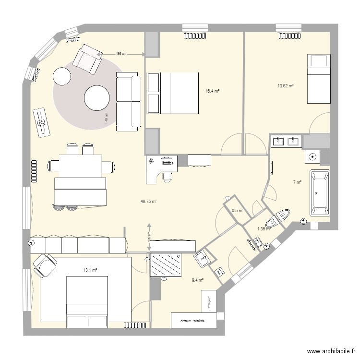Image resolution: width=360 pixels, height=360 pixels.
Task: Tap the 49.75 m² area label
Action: (148, 202)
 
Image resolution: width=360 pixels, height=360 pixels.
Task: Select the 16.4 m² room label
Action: (212, 91)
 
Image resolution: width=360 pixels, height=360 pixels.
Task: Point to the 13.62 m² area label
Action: (286, 86)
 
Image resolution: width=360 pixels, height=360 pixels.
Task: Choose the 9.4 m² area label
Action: (197, 280)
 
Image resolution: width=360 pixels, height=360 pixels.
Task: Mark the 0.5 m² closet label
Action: (238, 210)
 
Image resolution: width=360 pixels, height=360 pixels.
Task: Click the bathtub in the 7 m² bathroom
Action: (320, 193)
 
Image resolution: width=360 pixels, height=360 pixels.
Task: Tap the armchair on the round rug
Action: (87, 59)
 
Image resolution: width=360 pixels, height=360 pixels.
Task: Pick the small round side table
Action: (61, 76)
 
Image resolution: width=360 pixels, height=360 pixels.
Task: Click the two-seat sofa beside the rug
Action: (127, 101)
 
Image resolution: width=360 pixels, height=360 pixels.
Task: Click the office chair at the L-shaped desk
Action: (167, 176)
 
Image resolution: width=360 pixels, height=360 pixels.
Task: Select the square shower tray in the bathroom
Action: (312, 156)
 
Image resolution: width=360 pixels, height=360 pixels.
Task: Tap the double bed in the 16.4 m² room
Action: (173, 93)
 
